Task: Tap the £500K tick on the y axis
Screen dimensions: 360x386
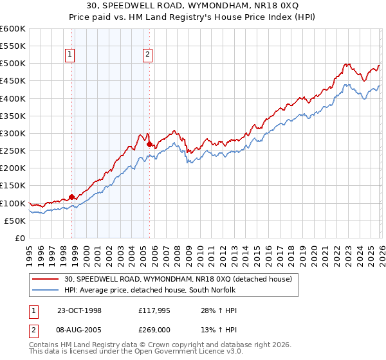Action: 13,64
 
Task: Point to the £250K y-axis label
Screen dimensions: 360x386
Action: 13,151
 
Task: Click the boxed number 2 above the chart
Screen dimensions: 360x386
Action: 147,55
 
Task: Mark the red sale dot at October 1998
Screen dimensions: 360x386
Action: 72,197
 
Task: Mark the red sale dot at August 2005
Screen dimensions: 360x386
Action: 149,144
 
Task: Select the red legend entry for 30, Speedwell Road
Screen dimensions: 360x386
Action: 174,279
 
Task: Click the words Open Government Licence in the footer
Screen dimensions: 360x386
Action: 187,352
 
